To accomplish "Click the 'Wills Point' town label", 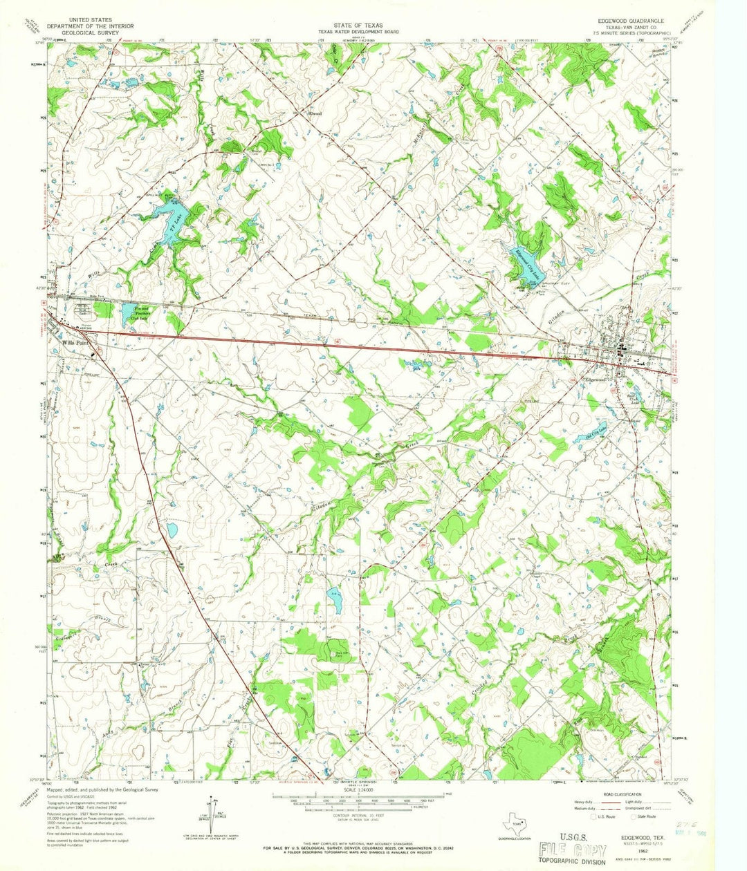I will (74, 341).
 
